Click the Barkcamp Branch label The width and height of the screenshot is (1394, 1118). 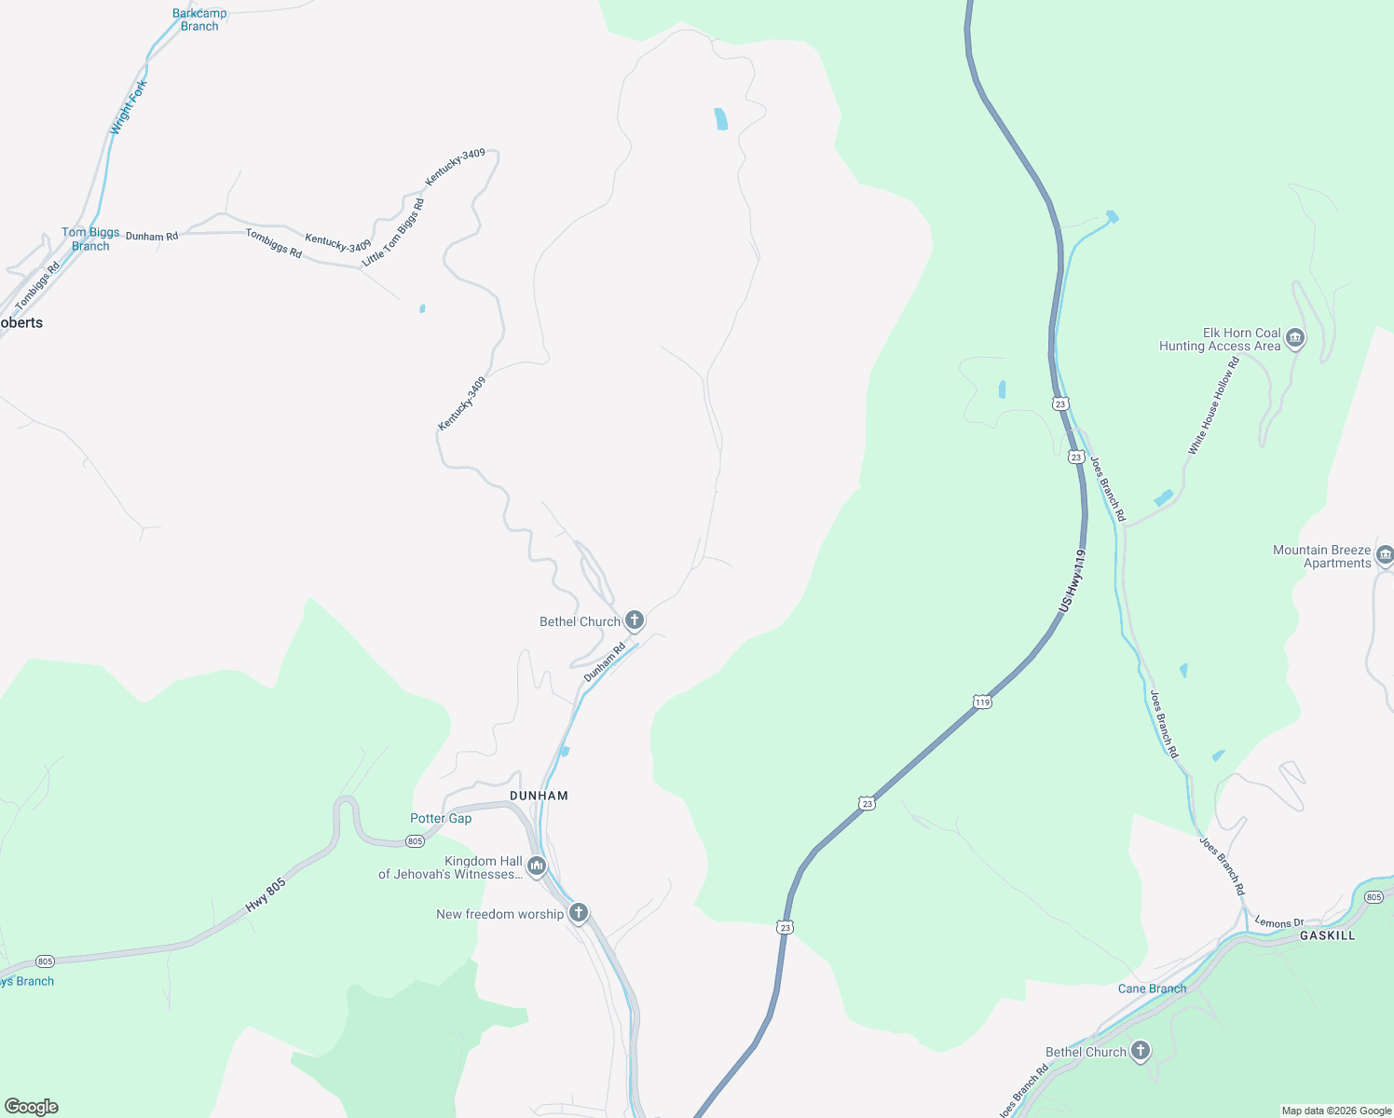(x=199, y=20)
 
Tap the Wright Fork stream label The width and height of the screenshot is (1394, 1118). (x=129, y=107)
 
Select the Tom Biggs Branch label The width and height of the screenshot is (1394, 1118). (x=90, y=239)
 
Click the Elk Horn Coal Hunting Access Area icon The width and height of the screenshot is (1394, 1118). (x=1294, y=338)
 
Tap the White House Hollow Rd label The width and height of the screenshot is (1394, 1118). (x=1213, y=407)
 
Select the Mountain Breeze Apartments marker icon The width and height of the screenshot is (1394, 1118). (x=1385, y=556)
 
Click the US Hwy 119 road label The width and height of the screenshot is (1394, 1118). (x=1073, y=580)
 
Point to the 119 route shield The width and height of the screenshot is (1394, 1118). (x=982, y=702)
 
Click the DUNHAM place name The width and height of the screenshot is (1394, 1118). (x=539, y=796)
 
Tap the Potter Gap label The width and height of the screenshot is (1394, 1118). (x=441, y=818)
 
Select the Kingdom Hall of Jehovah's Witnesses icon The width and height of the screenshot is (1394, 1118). (x=536, y=866)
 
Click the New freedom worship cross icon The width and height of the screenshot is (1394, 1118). (x=579, y=913)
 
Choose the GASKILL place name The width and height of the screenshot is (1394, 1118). (x=1327, y=935)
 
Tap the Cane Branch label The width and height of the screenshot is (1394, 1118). (x=1152, y=988)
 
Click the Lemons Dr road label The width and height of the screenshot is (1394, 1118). (x=1278, y=922)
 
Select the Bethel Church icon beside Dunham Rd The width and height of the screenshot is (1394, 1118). (x=635, y=620)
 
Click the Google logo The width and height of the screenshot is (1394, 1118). (x=32, y=1107)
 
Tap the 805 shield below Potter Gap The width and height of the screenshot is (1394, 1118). (x=416, y=841)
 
